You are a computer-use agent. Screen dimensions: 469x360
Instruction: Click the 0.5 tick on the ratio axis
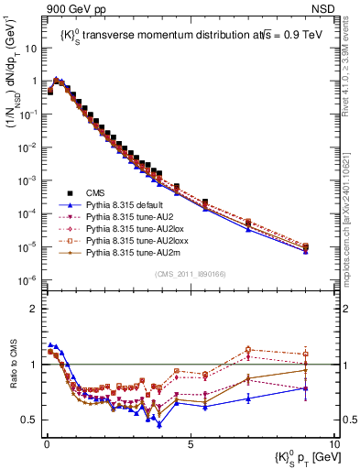31,420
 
